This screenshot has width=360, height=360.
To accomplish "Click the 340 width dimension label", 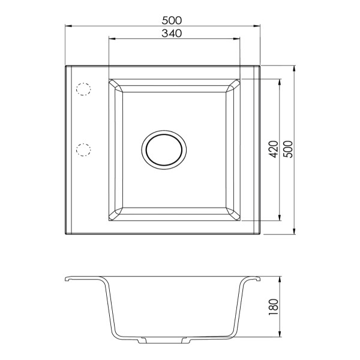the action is (x=172, y=34).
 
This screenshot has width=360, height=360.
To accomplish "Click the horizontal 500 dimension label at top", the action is (x=172, y=20).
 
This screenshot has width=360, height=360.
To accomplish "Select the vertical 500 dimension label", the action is (x=289, y=149).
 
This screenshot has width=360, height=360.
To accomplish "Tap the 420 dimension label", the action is (x=274, y=149).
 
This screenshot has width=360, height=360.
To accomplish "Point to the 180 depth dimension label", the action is (x=274, y=307).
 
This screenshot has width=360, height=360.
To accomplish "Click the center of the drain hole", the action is (x=164, y=150).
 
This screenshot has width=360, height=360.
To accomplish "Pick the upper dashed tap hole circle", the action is (x=83, y=89).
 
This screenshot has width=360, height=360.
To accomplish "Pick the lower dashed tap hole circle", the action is (x=83, y=150).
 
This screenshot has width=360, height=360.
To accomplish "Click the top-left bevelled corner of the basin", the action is (x=116, y=86).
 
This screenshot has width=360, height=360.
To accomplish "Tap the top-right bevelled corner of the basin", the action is (x=233, y=86).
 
